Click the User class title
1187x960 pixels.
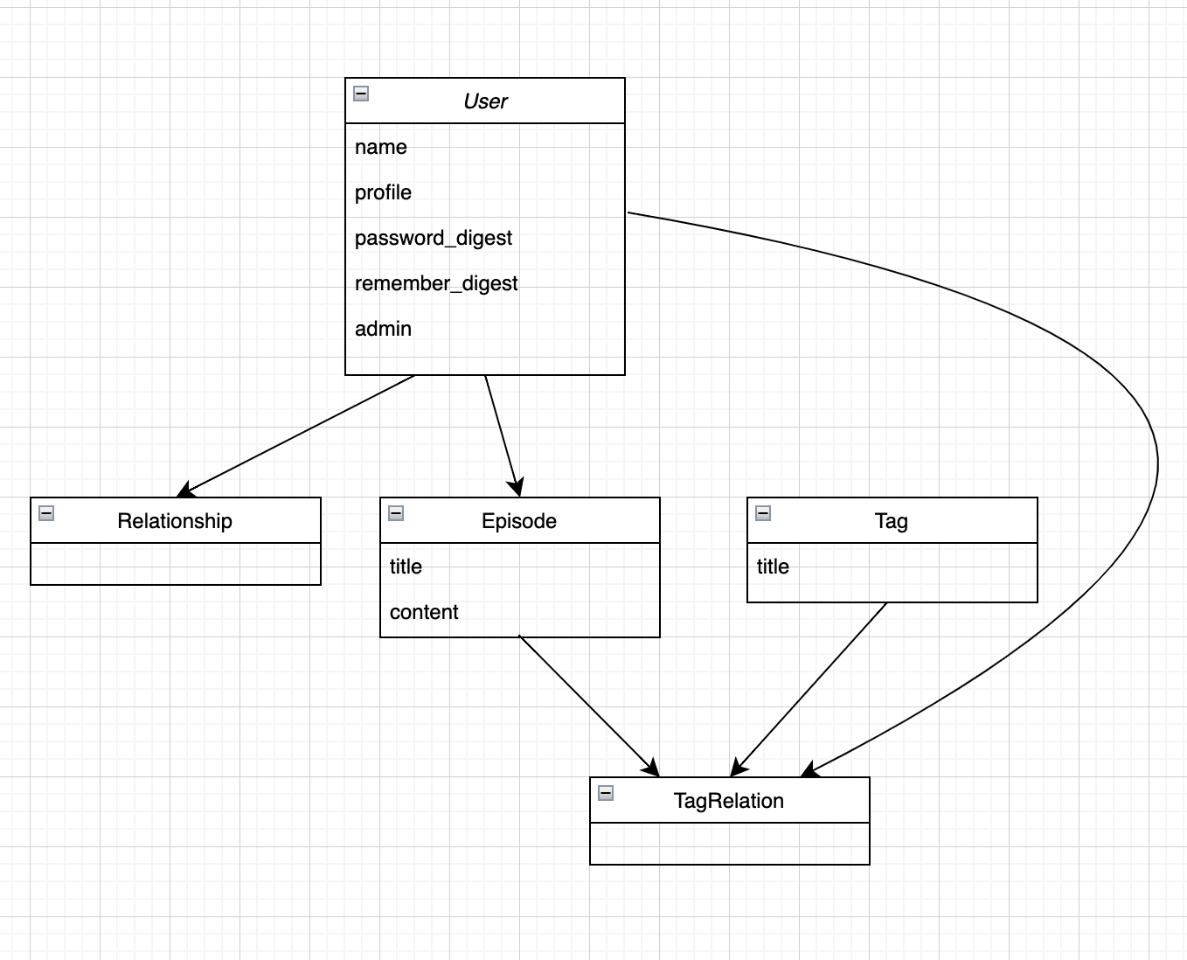(485, 101)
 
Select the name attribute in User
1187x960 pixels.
(381, 147)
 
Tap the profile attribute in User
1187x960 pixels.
(383, 192)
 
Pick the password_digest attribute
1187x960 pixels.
(434, 238)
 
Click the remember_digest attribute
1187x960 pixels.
(436, 283)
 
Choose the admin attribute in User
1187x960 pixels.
(383, 329)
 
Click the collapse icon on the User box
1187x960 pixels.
(361, 94)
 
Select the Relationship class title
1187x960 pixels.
(175, 521)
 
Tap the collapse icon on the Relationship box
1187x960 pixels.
(46, 513)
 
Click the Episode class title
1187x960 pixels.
(519, 521)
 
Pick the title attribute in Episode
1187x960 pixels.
(406, 567)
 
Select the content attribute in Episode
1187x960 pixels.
(424, 612)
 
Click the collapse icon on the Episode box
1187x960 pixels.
(396, 513)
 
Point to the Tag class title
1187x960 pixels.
(891, 521)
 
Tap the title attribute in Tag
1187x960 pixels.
(773, 567)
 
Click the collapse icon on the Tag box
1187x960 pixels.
(763, 513)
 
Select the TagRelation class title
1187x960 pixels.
(729, 801)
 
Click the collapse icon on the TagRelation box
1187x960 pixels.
(606, 793)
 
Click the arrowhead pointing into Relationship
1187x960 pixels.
(184, 490)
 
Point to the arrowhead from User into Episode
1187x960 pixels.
(517, 487)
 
